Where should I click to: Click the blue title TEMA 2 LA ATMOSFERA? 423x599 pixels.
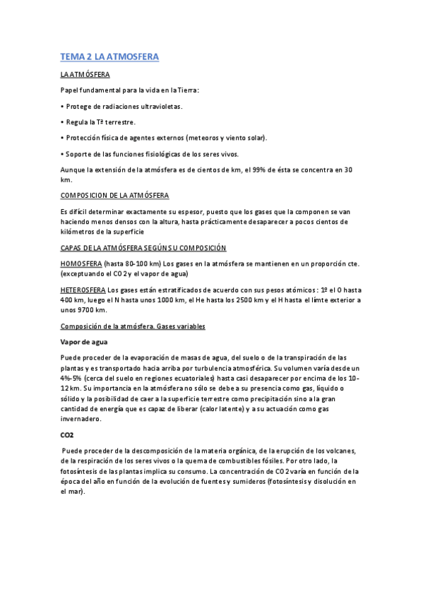[109, 57]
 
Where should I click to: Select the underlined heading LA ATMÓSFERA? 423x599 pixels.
[84, 74]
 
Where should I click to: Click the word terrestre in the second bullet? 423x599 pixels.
[114, 122]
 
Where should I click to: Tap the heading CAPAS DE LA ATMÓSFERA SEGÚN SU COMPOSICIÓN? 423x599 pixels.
[143, 248]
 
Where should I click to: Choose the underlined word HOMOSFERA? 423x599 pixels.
[81, 263]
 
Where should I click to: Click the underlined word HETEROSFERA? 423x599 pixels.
[83, 290]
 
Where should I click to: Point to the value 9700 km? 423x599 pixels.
[91, 309]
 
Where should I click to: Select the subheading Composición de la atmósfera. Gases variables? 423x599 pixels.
[133, 326]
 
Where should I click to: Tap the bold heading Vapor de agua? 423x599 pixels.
[84, 342]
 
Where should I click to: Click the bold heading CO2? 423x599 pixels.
[68, 435]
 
